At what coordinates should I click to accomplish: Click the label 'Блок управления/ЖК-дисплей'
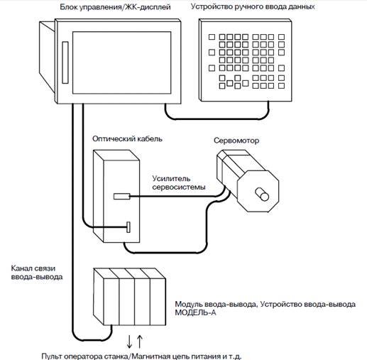[x=115, y=7]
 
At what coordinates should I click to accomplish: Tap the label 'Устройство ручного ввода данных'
[x=253, y=6]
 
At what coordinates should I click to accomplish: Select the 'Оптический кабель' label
[x=127, y=138]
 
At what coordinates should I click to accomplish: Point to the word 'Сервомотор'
[x=236, y=141]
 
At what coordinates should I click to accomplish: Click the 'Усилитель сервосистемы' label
[x=179, y=182]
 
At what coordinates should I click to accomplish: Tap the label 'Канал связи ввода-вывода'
[x=37, y=273]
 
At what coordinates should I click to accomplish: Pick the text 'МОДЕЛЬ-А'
[x=195, y=312]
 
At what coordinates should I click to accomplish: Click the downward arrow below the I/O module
[x=129, y=342]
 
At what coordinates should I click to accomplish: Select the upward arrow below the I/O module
[x=140, y=342]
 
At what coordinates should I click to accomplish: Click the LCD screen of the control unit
[x=121, y=62]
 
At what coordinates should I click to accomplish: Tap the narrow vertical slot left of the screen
[x=65, y=62]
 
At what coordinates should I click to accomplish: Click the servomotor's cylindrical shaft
[x=262, y=195]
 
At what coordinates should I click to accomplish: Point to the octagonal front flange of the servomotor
[x=258, y=191]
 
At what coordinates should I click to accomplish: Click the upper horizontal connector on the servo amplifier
[x=122, y=196]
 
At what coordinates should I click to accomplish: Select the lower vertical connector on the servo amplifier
[x=128, y=227]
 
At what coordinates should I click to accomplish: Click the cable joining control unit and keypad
[x=217, y=119]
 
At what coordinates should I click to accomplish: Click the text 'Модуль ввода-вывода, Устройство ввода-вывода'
[x=265, y=304]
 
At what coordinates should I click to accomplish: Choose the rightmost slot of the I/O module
[x=158, y=302]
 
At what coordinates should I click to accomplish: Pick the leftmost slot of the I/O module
[x=111, y=302]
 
